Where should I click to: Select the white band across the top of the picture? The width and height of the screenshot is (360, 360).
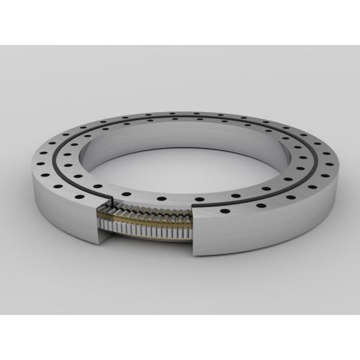coord(180,21)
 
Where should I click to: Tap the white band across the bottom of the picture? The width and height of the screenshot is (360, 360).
coord(180,339)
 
